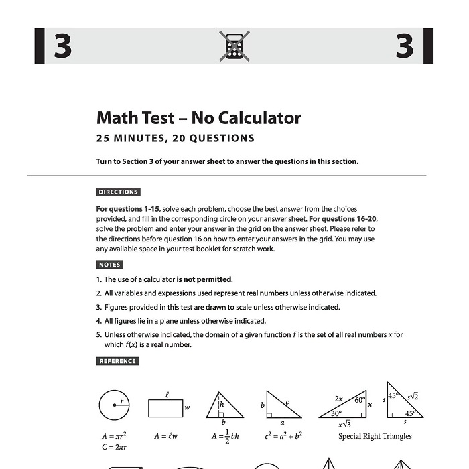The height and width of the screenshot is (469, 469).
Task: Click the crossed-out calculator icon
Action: (234, 46)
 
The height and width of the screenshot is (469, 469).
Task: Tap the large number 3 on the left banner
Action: (62, 46)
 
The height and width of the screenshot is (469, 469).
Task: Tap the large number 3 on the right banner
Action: (405, 46)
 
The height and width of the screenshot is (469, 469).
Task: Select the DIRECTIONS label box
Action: (119, 192)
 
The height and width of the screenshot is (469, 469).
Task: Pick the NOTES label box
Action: (110, 265)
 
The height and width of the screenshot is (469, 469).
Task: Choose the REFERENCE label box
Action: (118, 361)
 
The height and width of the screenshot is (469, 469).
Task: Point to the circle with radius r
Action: (114, 406)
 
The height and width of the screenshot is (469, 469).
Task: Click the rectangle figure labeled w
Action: (165, 407)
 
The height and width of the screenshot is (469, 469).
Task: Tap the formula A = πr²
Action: (115, 436)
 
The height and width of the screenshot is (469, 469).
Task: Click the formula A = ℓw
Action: (165, 436)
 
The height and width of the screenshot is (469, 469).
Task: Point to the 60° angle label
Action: (360, 400)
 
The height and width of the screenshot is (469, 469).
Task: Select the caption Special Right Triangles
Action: (375, 436)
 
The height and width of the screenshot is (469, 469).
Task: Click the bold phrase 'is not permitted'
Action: (204, 279)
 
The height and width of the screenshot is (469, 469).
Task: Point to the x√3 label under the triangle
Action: (344, 424)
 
